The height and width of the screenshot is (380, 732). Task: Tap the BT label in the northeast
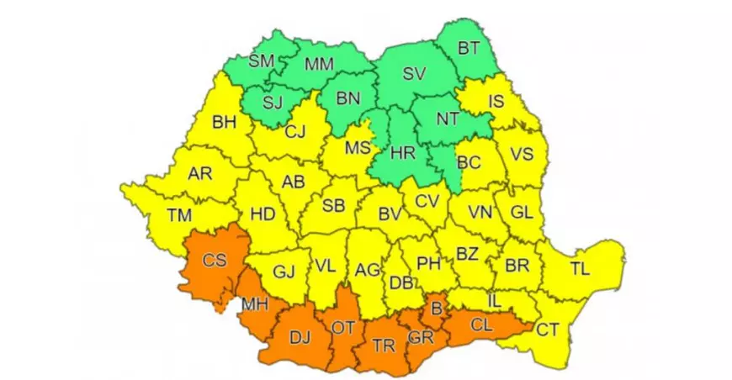click(x=469, y=49)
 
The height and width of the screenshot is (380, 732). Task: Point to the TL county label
click(x=580, y=269)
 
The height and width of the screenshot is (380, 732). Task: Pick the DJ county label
click(x=300, y=337)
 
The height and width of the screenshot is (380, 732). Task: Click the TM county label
click(x=179, y=215)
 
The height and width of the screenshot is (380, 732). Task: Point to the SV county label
click(x=414, y=75)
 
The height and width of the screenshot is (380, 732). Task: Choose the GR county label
click(x=421, y=339)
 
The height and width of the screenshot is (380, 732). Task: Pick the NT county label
click(x=448, y=119)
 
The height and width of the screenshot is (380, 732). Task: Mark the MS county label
click(x=358, y=149)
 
